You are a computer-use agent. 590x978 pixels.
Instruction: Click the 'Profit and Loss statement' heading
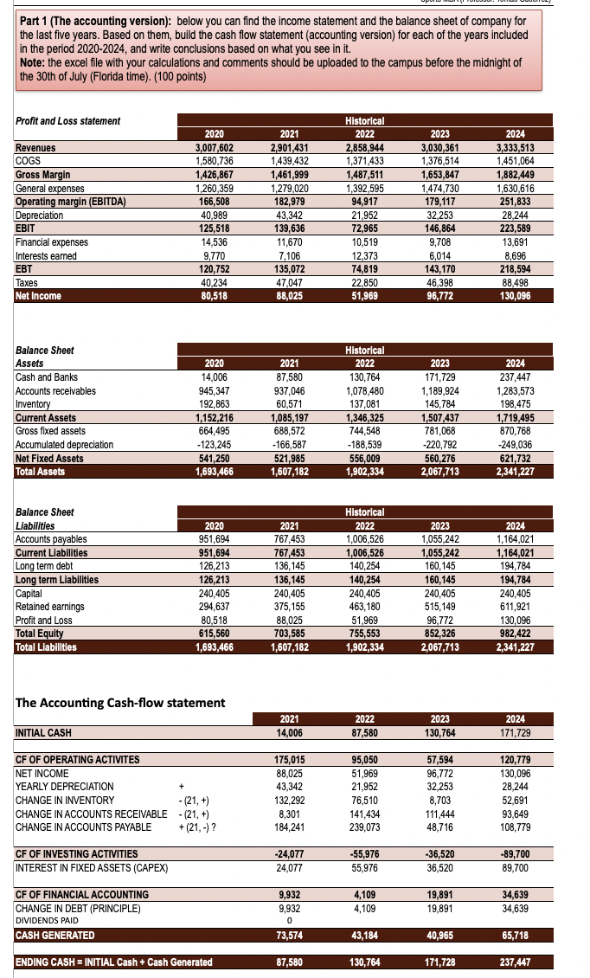(68, 121)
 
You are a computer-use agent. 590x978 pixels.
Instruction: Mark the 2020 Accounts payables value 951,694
(215, 539)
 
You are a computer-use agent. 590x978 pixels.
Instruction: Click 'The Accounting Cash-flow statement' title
(120, 702)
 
